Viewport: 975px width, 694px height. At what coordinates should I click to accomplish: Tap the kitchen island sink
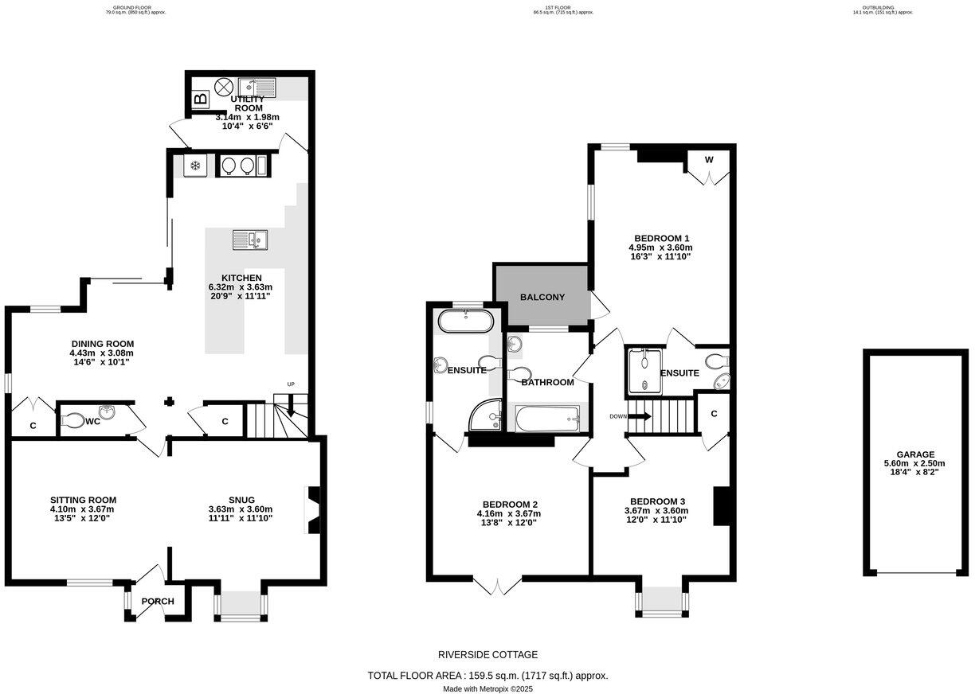click(x=250, y=240)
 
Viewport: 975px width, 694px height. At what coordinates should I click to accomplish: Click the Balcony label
click(x=542, y=297)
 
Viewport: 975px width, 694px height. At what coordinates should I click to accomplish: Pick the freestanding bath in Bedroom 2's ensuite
click(x=466, y=322)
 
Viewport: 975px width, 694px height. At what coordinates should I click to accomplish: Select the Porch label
click(x=157, y=601)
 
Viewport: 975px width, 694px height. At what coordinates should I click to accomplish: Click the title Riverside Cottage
click(x=487, y=655)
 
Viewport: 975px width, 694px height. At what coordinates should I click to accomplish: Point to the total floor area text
click(x=487, y=676)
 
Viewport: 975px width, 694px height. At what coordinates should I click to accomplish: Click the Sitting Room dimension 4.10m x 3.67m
click(x=82, y=509)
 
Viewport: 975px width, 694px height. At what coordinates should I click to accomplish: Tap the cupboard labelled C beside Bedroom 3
click(x=714, y=413)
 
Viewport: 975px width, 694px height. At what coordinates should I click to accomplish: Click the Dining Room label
click(x=101, y=344)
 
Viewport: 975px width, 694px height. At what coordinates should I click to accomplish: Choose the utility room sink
click(x=257, y=86)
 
